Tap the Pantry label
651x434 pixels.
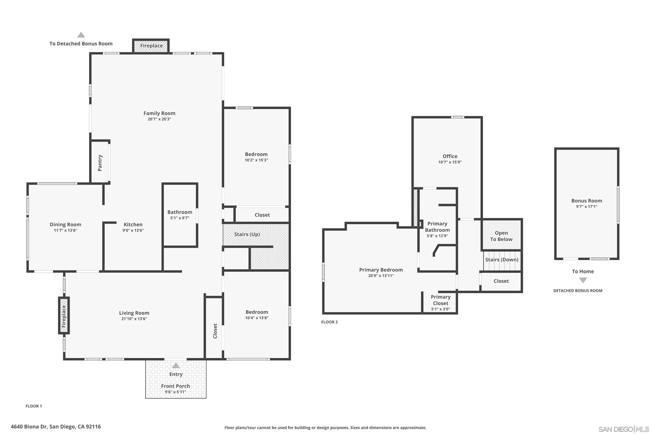[100, 163]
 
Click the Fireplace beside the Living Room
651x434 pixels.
[64, 316]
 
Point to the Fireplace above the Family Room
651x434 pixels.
[151, 46]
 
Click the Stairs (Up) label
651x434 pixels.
[247, 234]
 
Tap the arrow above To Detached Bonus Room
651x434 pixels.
[81, 35]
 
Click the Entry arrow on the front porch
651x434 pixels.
[176, 366]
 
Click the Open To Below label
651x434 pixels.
[501, 236]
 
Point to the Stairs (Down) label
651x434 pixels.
[501, 260]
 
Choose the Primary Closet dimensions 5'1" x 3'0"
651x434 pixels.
[440, 309]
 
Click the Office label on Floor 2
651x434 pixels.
[450, 156]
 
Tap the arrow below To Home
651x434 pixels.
[583, 280]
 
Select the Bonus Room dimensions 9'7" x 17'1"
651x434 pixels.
[587, 207]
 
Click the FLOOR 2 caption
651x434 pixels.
[329, 322]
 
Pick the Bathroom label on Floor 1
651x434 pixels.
[180, 212]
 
